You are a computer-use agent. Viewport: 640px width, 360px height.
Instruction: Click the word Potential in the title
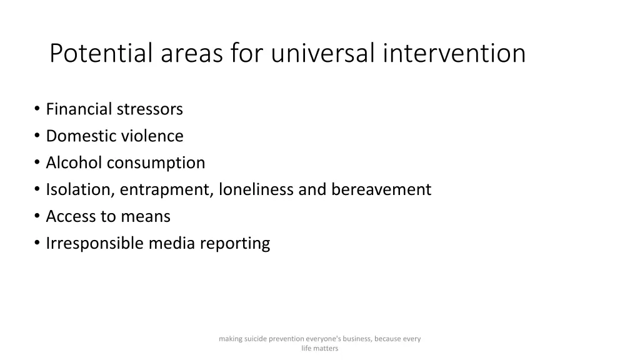pyautogui.click(x=102, y=54)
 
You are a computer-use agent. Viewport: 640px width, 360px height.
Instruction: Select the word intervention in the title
pyautogui.click(x=455, y=54)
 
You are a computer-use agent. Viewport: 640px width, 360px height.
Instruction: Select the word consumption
pyautogui.click(x=156, y=163)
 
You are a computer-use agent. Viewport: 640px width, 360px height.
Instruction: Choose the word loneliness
pyautogui.click(x=256, y=189)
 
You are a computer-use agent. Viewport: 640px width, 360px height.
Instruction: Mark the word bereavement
pyautogui.click(x=381, y=189)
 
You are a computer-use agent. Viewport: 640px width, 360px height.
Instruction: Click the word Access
pyautogui.click(x=69, y=216)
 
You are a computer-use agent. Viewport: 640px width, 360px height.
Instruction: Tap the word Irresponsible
pyautogui.click(x=95, y=243)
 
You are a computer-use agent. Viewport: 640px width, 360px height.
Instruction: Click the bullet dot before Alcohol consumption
pyautogui.click(x=37, y=163)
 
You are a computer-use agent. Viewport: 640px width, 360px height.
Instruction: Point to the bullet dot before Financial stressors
pyautogui.click(x=37, y=109)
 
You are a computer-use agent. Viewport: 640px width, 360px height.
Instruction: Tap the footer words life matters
pyautogui.click(x=319, y=349)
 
